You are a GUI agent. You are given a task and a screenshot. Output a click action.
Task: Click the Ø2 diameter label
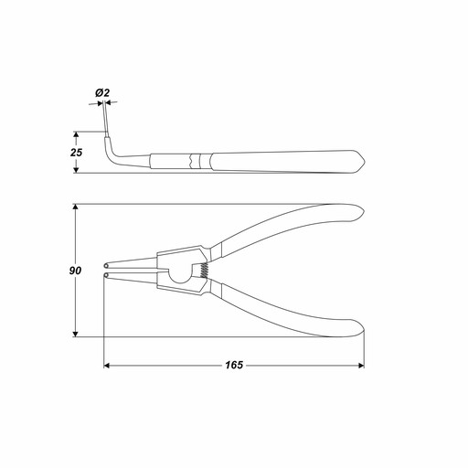point(102,92)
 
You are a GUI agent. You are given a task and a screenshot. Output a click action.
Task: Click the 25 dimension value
point(76,153)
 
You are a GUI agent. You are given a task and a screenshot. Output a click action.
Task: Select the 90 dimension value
point(75,271)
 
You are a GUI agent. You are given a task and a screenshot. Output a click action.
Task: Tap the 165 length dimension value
point(234,365)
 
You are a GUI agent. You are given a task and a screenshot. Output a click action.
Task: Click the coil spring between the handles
point(205,271)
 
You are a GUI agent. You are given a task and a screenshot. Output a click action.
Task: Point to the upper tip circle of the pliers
point(106,265)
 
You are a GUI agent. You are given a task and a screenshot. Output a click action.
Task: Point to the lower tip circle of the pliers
point(106,275)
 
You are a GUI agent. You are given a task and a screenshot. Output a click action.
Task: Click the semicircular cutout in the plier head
point(179,275)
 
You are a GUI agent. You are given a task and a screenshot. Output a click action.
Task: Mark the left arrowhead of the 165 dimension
point(107,365)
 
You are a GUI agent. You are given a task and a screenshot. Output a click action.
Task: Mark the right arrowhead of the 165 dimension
point(361,365)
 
